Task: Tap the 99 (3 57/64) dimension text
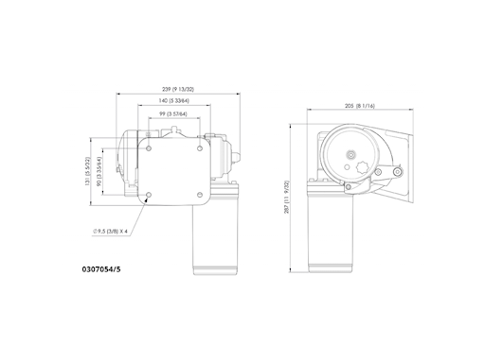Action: (174, 114)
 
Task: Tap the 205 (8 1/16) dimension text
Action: (362, 107)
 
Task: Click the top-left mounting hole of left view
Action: (150, 147)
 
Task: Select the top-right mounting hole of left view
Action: (200, 147)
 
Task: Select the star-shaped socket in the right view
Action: (364, 170)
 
